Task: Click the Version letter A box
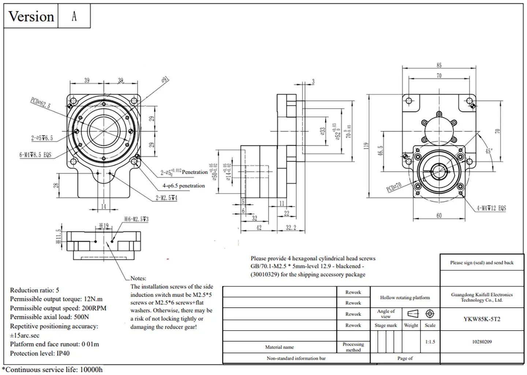click(74, 16)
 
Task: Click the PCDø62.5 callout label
click(40, 103)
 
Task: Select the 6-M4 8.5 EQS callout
click(35, 155)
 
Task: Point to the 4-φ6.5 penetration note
click(184, 186)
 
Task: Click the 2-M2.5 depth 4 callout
click(167, 198)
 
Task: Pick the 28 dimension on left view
click(56, 185)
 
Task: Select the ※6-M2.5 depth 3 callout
click(136, 219)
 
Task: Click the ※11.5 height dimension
click(58, 237)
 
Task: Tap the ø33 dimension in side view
click(322, 131)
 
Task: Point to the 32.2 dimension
click(291, 228)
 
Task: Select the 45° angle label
click(489, 151)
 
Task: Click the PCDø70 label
click(394, 187)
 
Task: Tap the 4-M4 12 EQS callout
click(491, 208)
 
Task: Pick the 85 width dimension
click(439, 65)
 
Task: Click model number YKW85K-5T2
click(482, 319)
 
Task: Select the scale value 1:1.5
click(430, 342)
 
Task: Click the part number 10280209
click(482, 342)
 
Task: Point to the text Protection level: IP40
click(40, 353)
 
